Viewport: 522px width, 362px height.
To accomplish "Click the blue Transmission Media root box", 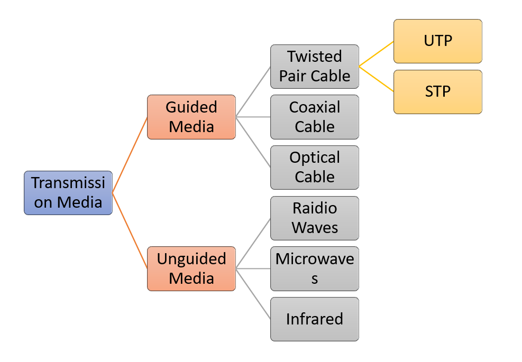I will pyautogui.click(x=68, y=193).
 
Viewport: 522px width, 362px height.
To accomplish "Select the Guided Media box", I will pyautogui.click(x=191, y=117).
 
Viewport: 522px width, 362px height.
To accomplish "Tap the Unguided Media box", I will pyautogui.click(x=191, y=268).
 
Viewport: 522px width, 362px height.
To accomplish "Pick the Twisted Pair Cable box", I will pyautogui.click(x=314, y=67).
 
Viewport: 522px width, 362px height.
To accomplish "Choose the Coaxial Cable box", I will pyautogui.click(x=314, y=117).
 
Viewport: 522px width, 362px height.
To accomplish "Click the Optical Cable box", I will pyautogui.click(x=314, y=168).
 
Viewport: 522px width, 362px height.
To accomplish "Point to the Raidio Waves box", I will pyautogui.click(x=314, y=218).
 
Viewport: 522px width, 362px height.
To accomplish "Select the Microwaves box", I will pyautogui.click(x=314, y=268).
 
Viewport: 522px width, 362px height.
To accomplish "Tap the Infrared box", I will pyautogui.click(x=314, y=319).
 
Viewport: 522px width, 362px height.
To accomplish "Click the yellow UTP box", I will pyautogui.click(x=437, y=41).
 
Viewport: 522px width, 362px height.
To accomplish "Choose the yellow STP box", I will pyautogui.click(x=437, y=92).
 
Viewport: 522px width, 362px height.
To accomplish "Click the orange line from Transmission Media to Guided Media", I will pyautogui.click(x=130, y=155).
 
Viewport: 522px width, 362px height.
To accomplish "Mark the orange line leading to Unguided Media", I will pyautogui.click(x=130, y=230).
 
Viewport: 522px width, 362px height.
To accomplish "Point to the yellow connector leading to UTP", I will pyautogui.click(x=376, y=54).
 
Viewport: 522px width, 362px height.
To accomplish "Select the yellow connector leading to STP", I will pyautogui.click(x=376, y=79).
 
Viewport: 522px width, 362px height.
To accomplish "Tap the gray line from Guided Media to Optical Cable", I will pyautogui.click(x=253, y=142).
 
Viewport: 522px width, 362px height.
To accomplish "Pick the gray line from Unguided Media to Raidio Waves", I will pyautogui.click(x=253, y=244).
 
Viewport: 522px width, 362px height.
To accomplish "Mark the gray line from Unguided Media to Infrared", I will pyautogui.click(x=253, y=294).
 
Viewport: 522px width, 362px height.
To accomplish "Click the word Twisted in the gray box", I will pyautogui.click(x=314, y=57).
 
